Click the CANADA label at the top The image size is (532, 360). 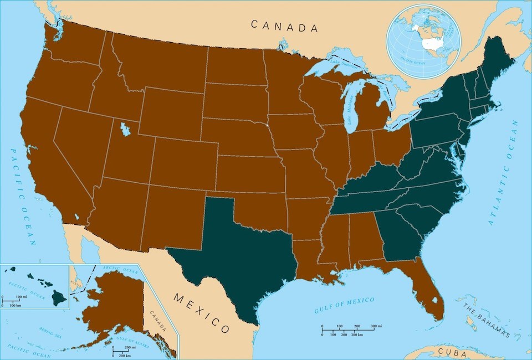(x=285, y=25)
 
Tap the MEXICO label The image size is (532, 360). (x=201, y=313)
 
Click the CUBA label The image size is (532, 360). (x=451, y=351)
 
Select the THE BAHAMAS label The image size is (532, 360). (x=485, y=321)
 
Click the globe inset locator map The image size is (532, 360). (x=424, y=42)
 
